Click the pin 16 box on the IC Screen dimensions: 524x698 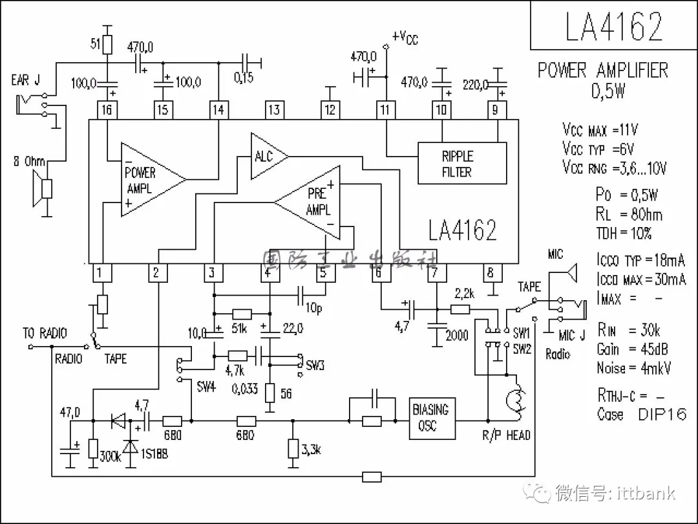point(107,110)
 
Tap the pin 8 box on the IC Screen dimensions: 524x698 point(491,272)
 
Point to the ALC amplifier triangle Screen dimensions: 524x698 point(267,156)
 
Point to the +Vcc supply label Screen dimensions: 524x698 point(405,38)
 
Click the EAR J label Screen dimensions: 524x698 point(25,80)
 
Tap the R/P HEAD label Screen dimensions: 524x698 point(506,435)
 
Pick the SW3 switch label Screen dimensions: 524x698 point(315,366)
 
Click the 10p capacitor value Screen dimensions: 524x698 point(314,309)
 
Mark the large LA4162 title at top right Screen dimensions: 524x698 point(613,27)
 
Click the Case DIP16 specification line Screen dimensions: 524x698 point(641,414)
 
